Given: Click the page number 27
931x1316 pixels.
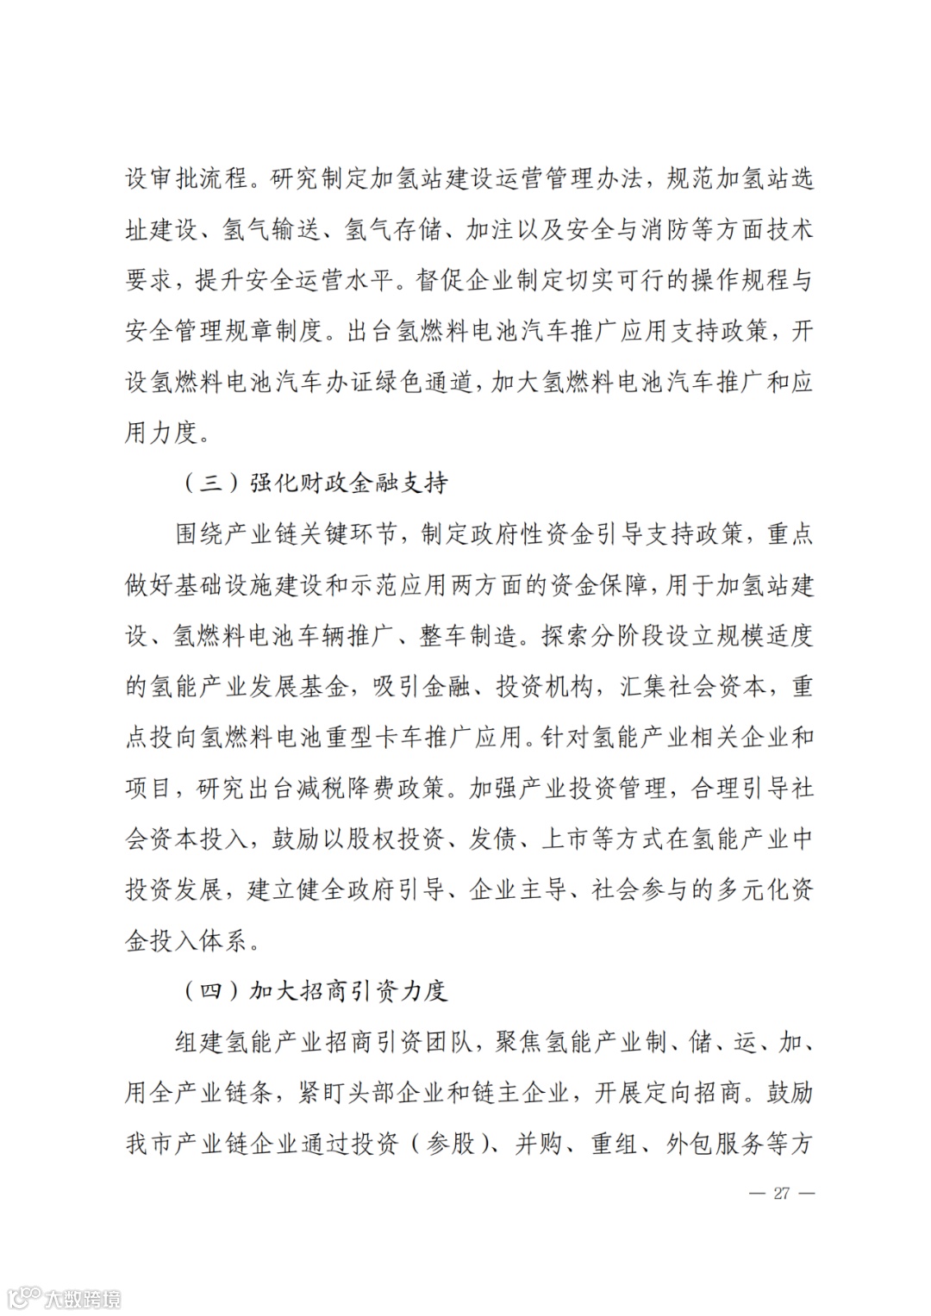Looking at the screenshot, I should tap(782, 1194).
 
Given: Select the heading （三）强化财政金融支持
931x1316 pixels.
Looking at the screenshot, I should tap(315, 483).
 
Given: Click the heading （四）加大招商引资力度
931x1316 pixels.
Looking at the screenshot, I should tap(315, 991).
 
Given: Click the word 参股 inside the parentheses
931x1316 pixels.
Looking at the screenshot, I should tap(451, 1144).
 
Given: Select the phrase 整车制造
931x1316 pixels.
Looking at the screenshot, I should tap(468, 636).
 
